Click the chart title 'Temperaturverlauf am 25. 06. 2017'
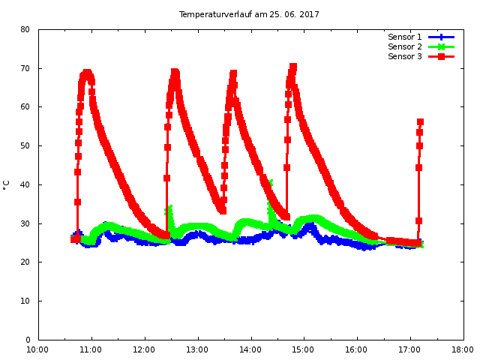(249, 14)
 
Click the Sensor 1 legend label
(404, 37)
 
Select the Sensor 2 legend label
(404, 46)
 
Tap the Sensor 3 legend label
(404, 56)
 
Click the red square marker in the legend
(442, 56)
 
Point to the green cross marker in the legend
(442, 46)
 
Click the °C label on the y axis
(7, 184)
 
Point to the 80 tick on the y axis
(25, 30)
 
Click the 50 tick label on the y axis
(25, 146)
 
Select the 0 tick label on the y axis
(27, 340)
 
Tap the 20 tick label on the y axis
(25, 262)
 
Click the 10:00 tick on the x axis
(38, 349)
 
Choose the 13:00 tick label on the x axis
(197, 349)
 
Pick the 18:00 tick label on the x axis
(463, 349)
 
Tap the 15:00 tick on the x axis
(304, 349)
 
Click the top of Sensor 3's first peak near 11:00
(87, 72)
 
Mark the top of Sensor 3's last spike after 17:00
(420, 121)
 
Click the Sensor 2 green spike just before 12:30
(169, 208)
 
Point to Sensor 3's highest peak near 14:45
(293, 67)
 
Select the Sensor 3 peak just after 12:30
(175, 72)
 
